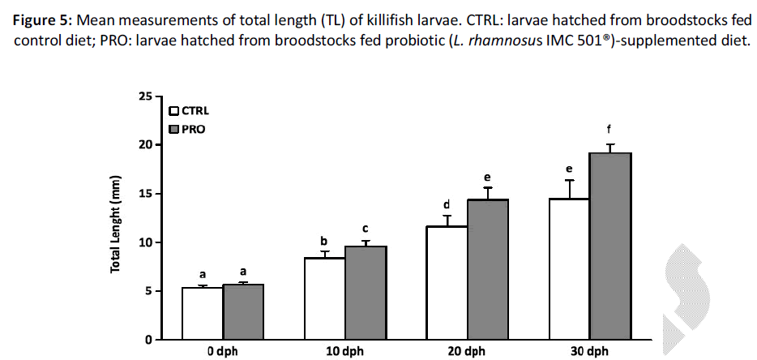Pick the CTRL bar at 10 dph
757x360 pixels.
tap(324, 298)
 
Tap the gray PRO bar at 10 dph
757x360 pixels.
tap(366, 292)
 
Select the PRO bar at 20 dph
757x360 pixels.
tap(488, 269)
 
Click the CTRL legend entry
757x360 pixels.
tap(189, 111)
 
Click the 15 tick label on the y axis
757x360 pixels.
tap(147, 194)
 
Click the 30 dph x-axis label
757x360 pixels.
tap(589, 352)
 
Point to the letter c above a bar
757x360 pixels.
tap(366, 229)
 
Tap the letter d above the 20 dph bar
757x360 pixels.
tap(447, 204)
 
